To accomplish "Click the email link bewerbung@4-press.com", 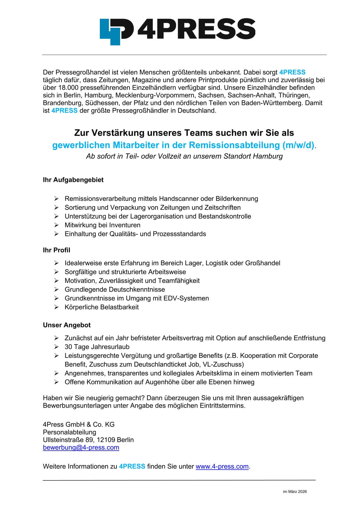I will click(x=81, y=447).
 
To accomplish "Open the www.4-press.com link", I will click(x=222, y=466).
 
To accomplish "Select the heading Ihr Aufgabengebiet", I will click(x=73, y=180).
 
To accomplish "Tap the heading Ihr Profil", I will click(x=57, y=250).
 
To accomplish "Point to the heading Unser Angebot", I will click(x=67, y=325).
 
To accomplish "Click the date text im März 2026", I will click(x=295, y=491).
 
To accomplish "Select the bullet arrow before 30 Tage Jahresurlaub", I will click(x=56, y=347).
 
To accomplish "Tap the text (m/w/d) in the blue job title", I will click(x=298, y=145).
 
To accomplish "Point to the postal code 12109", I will click(x=106, y=440).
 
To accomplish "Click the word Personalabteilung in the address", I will click(x=70, y=432).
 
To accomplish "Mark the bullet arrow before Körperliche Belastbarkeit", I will click(x=56, y=307).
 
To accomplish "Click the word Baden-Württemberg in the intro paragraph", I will click(x=272, y=103).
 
